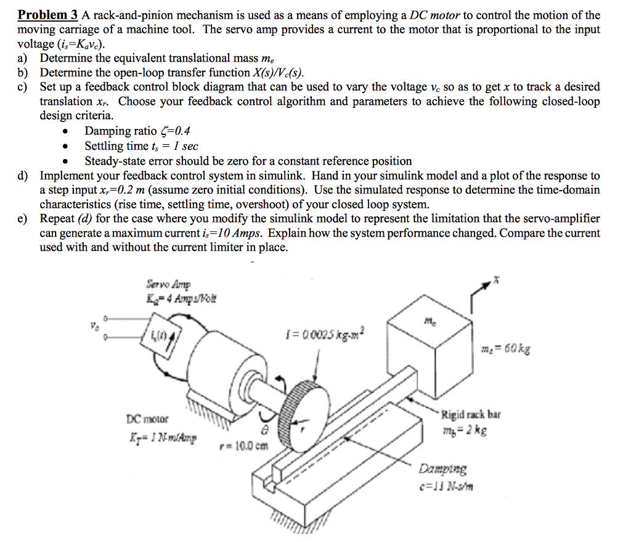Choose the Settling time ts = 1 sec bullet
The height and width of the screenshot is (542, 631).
(141, 146)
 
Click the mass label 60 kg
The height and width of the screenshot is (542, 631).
(504, 351)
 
